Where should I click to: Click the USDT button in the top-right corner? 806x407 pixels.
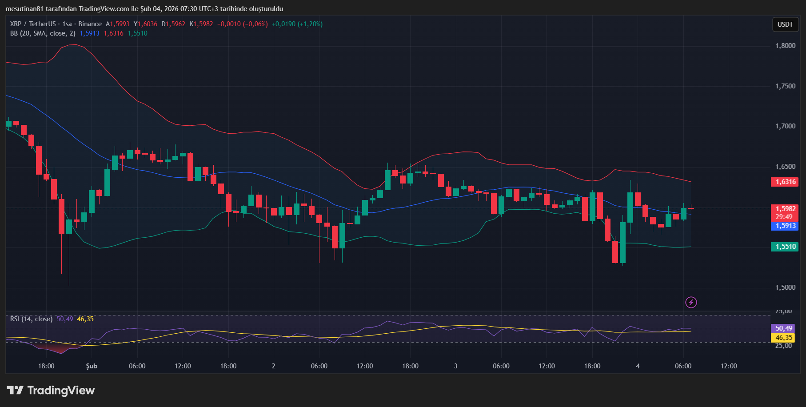click(785, 24)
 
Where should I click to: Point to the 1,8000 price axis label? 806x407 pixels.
click(785, 46)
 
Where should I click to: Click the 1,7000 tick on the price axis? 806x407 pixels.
click(785, 126)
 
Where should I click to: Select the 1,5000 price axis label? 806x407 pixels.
click(785, 287)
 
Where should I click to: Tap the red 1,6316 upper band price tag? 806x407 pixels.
click(785, 182)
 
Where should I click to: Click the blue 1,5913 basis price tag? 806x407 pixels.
click(785, 226)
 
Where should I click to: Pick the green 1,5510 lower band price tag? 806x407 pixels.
click(785, 247)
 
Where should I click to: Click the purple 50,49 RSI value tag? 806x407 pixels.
click(783, 328)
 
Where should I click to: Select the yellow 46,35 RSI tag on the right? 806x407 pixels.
click(783, 338)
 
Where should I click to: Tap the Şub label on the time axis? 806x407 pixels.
click(92, 366)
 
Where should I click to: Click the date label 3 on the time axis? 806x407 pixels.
click(455, 366)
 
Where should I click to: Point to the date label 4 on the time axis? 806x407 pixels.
click(638, 366)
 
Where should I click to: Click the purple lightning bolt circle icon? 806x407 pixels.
click(691, 303)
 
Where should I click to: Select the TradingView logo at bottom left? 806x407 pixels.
click(51, 391)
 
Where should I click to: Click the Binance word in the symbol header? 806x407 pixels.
click(90, 24)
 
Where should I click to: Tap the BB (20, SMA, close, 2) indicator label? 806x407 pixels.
click(43, 33)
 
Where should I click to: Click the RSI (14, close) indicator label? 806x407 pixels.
click(31, 319)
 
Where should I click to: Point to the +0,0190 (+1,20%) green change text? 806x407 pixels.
click(297, 24)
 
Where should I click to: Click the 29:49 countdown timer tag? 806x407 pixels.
click(784, 217)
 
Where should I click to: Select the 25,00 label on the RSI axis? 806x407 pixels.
click(783, 346)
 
